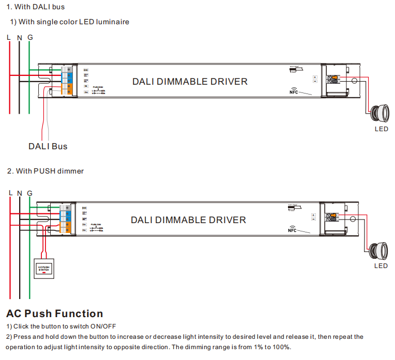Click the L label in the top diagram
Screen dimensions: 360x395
pos(9,38)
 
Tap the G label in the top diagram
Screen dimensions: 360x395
pos(30,38)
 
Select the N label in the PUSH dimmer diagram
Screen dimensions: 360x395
pos(20,193)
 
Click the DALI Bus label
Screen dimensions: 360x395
pos(48,146)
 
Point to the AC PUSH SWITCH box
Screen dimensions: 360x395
pos(43,269)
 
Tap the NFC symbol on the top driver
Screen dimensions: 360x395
pos(294,91)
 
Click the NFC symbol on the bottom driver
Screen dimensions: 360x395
pos(292,229)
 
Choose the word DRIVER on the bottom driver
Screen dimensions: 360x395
pos(227,220)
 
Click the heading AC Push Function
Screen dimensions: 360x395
pos(55,314)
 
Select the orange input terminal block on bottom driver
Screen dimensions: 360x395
pos(66,227)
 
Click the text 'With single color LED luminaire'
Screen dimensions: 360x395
pos(73,22)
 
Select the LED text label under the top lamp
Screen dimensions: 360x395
pos(382,129)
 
